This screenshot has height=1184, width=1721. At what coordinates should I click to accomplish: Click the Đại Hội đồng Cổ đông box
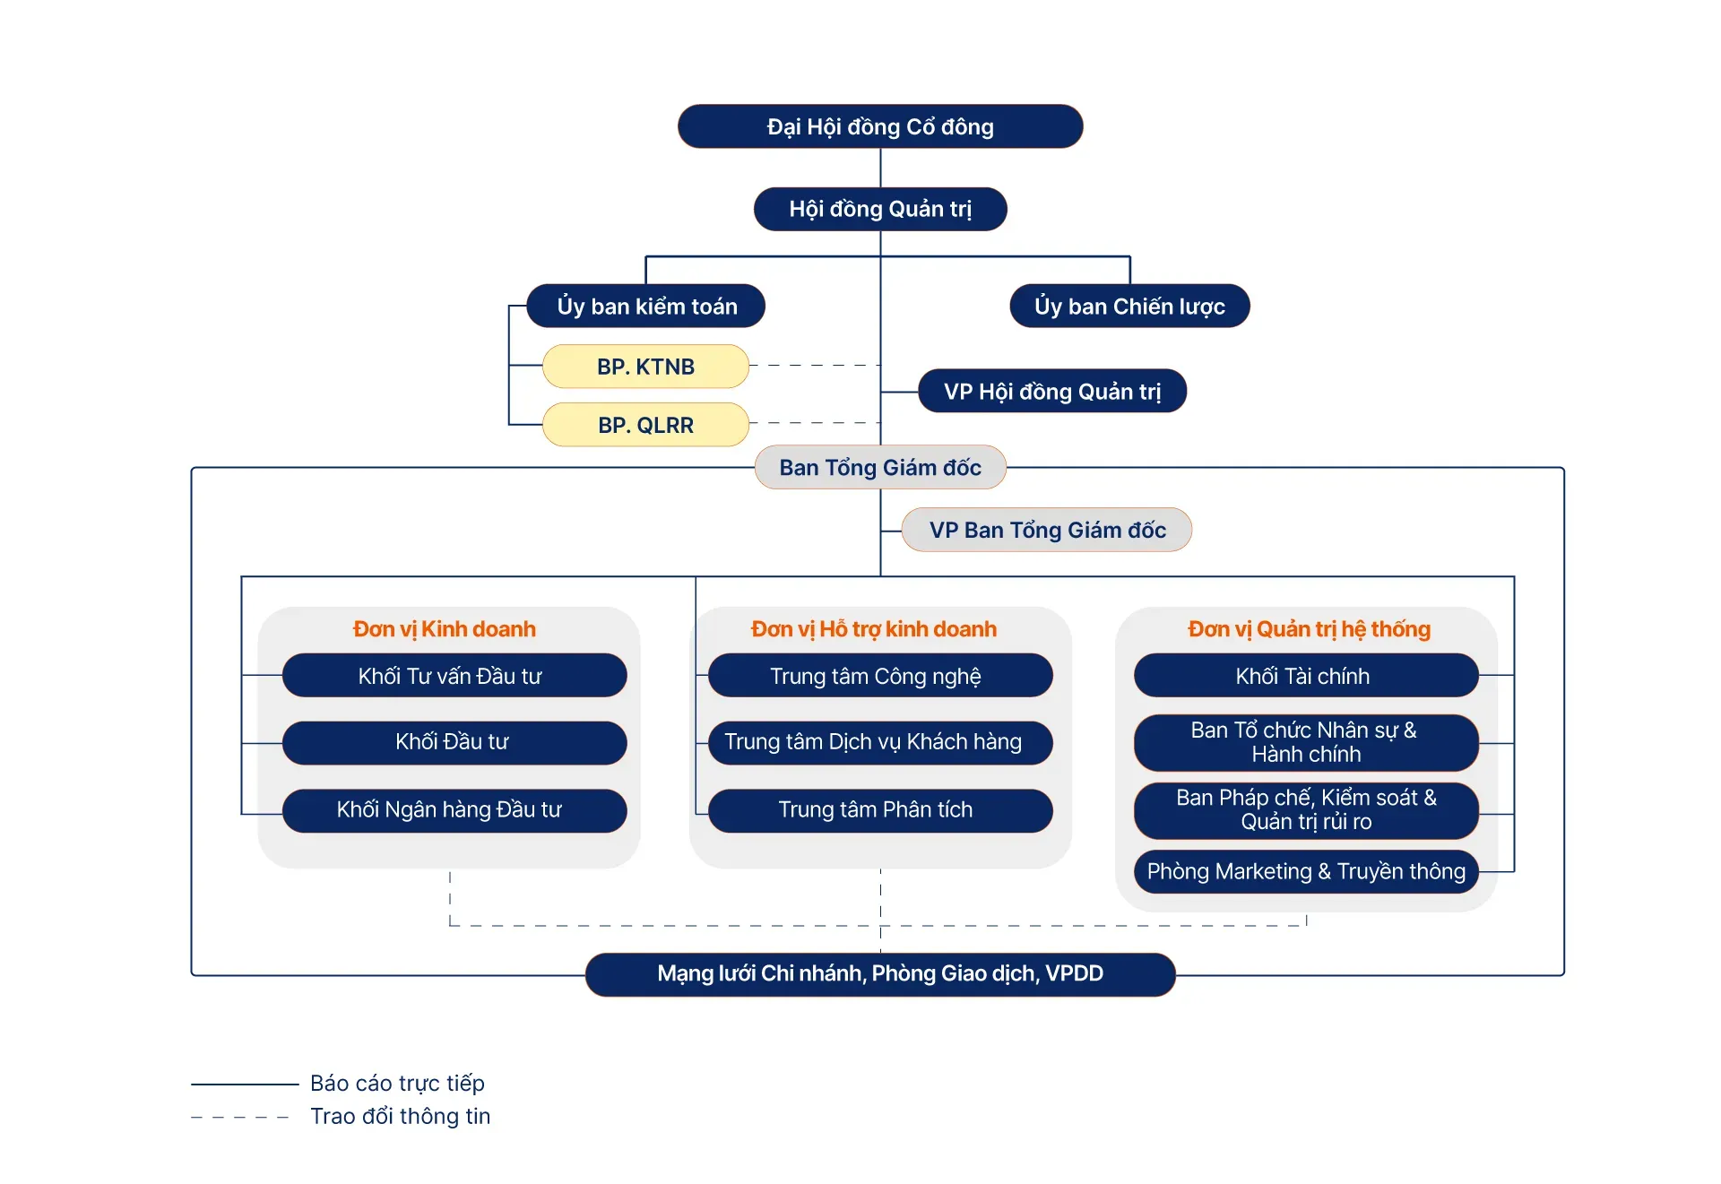(879, 126)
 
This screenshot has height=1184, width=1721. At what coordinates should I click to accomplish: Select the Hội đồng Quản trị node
(879, 209)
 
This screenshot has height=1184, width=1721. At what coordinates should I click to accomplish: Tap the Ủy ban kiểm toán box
(646, 307)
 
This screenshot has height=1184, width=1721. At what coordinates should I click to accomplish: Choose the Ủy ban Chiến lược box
(1129, 307)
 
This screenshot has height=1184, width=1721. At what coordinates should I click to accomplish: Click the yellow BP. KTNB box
(645, 367)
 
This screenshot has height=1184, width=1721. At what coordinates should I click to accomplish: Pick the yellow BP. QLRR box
(645, 425)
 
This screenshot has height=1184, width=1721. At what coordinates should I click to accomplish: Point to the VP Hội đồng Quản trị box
(1051, 392)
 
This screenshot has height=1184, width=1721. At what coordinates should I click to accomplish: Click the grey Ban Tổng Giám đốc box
(879, 468)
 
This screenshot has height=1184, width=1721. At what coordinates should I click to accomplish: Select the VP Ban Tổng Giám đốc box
(1047, 531)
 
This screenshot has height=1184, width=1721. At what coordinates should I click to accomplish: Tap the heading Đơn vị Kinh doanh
(445, 629)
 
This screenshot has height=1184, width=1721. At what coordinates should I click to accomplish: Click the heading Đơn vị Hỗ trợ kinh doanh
(874, 629)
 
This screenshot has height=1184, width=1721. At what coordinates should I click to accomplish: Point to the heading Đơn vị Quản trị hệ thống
(1309, 629)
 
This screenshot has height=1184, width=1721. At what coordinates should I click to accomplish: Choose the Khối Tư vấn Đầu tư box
(454, 676)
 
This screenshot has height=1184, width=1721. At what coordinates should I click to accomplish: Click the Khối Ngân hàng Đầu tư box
(454, 810)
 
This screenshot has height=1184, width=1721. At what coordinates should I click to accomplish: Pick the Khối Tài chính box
(1305, 676)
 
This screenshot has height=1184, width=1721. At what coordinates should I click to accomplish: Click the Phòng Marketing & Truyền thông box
(1305, 872)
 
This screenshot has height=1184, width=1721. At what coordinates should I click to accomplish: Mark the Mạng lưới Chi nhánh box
(879, 974)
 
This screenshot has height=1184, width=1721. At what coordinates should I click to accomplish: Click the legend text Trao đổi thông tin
(400, 1117)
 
